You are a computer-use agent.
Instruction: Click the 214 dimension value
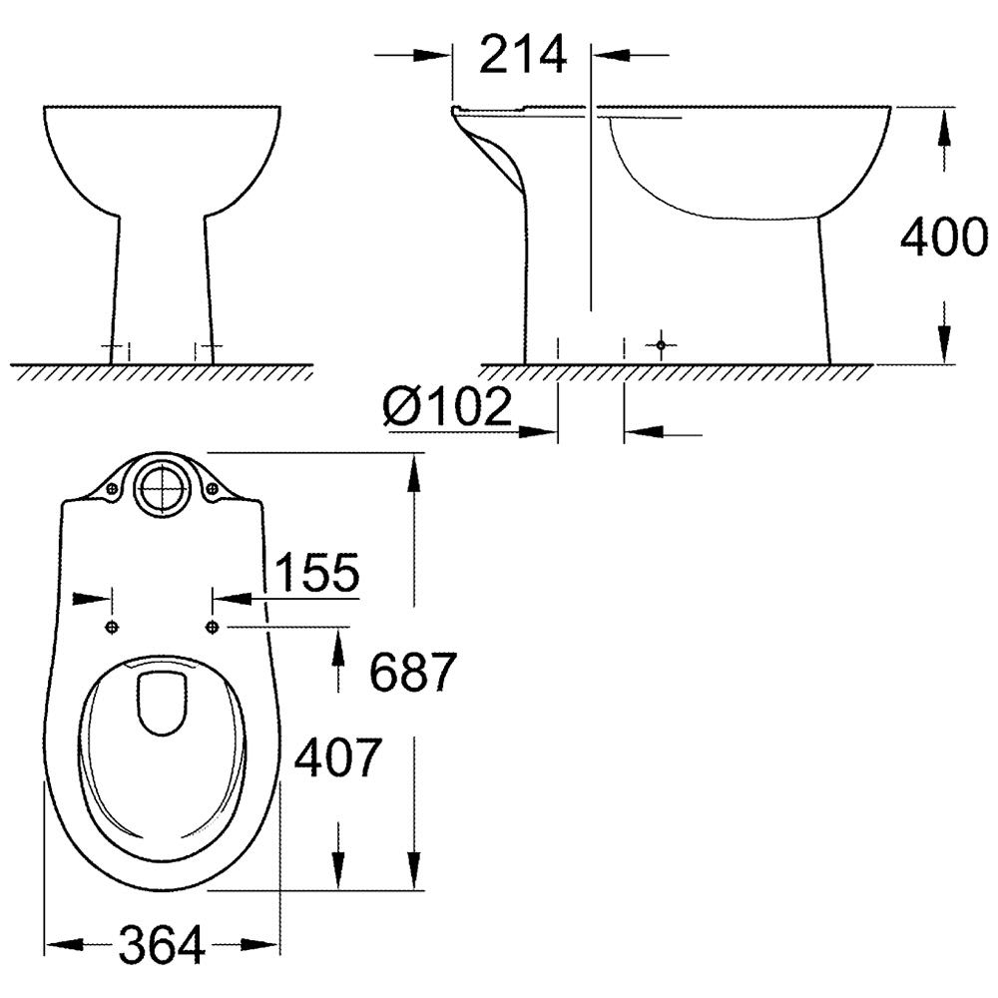click(x=523, y=55)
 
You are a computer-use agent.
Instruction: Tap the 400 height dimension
click(x=944, y=237)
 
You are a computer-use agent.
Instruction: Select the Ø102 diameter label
click(x=447, y=406)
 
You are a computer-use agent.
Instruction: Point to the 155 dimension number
click(x=317, y=572)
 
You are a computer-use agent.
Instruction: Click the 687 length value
click(x=413, y=672)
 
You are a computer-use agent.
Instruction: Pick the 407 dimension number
click(x=337, y=757)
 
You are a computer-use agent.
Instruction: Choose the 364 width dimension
click(x=162, y=944)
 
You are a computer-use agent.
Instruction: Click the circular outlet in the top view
click(x=163, y=488)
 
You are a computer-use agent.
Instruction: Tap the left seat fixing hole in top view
click(x=112, y=628)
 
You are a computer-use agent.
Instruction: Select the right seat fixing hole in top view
click(x=212, y=628)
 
